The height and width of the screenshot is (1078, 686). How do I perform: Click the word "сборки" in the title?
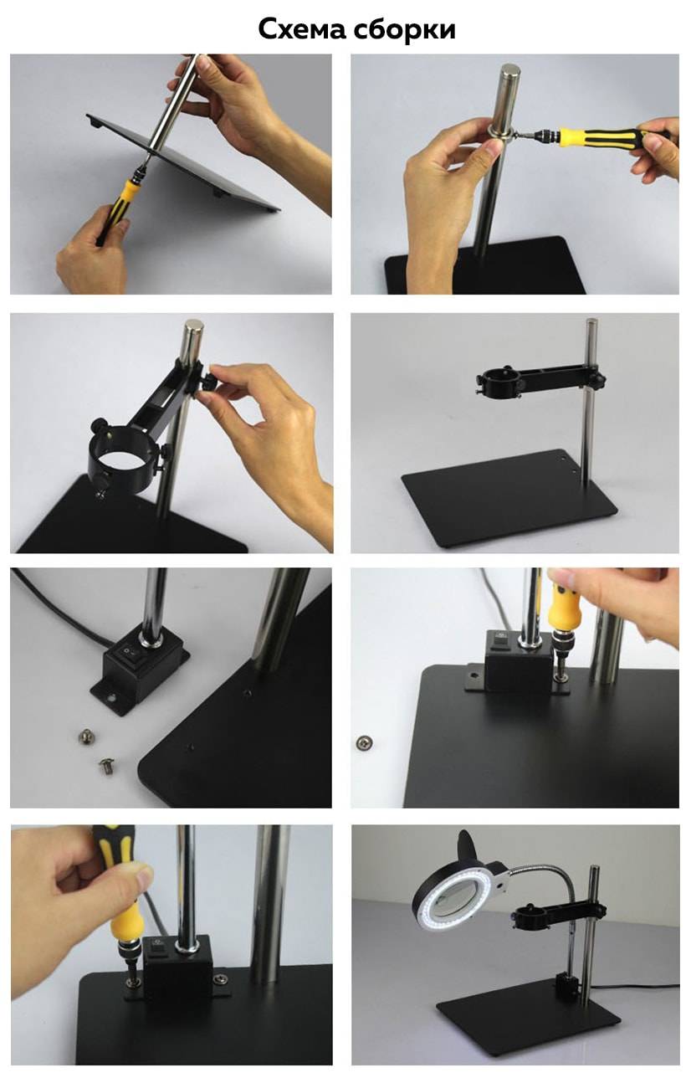405,30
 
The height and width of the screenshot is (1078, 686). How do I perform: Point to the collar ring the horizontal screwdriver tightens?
499,133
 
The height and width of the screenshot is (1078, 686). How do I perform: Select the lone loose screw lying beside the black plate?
365,742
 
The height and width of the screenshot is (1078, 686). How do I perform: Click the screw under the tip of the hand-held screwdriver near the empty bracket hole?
561,678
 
